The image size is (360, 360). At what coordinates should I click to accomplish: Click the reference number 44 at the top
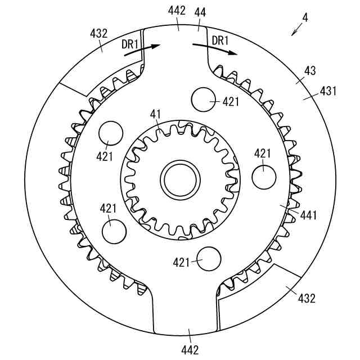(200, 12)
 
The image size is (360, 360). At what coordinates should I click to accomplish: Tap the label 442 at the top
(177, 11)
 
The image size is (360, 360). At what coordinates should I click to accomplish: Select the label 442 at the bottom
(190, 350)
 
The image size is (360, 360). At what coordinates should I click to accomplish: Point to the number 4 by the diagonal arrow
(305, 17)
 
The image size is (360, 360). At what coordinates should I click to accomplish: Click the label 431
(328, 91)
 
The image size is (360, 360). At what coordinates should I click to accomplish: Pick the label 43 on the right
(310, 71)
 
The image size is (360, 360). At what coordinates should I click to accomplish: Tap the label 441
(309, 215)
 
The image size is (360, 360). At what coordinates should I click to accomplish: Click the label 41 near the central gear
(156, 114)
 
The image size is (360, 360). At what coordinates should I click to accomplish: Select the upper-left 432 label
(99, 34)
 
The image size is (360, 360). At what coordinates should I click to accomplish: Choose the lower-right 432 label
(307, 299)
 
